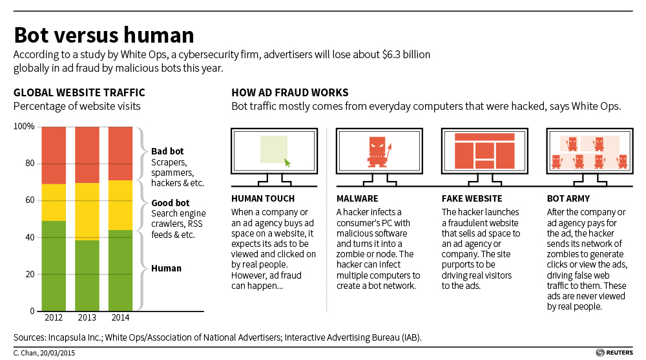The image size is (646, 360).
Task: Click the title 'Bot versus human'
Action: click(x=104, y=34)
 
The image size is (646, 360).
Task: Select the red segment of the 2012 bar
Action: click(x=53, y=155)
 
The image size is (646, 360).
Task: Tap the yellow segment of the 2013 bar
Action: click(x=87, y=211)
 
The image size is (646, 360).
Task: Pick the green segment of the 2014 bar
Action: click(x=120, y=270)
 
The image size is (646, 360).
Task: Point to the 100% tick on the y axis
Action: click(x=24, y=127)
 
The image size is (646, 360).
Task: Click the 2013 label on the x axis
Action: click(x=87, y=317)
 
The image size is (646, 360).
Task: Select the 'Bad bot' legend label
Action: click(x=167, y=151)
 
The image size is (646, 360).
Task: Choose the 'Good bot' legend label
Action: click(x=169, y=203)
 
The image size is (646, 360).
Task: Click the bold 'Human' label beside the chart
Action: click(x=166, y=268)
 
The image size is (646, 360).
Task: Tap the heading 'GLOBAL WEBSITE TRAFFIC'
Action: click(x=79, y=92)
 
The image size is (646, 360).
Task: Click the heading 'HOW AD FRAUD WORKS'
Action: click(x=290, y=92)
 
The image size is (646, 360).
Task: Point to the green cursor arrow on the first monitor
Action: click(x=287, y=163)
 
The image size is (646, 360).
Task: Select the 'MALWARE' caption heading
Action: click(x=357, y=198)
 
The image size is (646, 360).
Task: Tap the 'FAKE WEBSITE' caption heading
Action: click(x=471, y=198)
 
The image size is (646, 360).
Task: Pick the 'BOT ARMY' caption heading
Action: click(x=568, y=198)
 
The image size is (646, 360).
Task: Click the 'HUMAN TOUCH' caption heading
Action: click(x=262, y=198)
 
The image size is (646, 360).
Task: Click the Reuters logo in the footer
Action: click(x=617, y=352)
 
